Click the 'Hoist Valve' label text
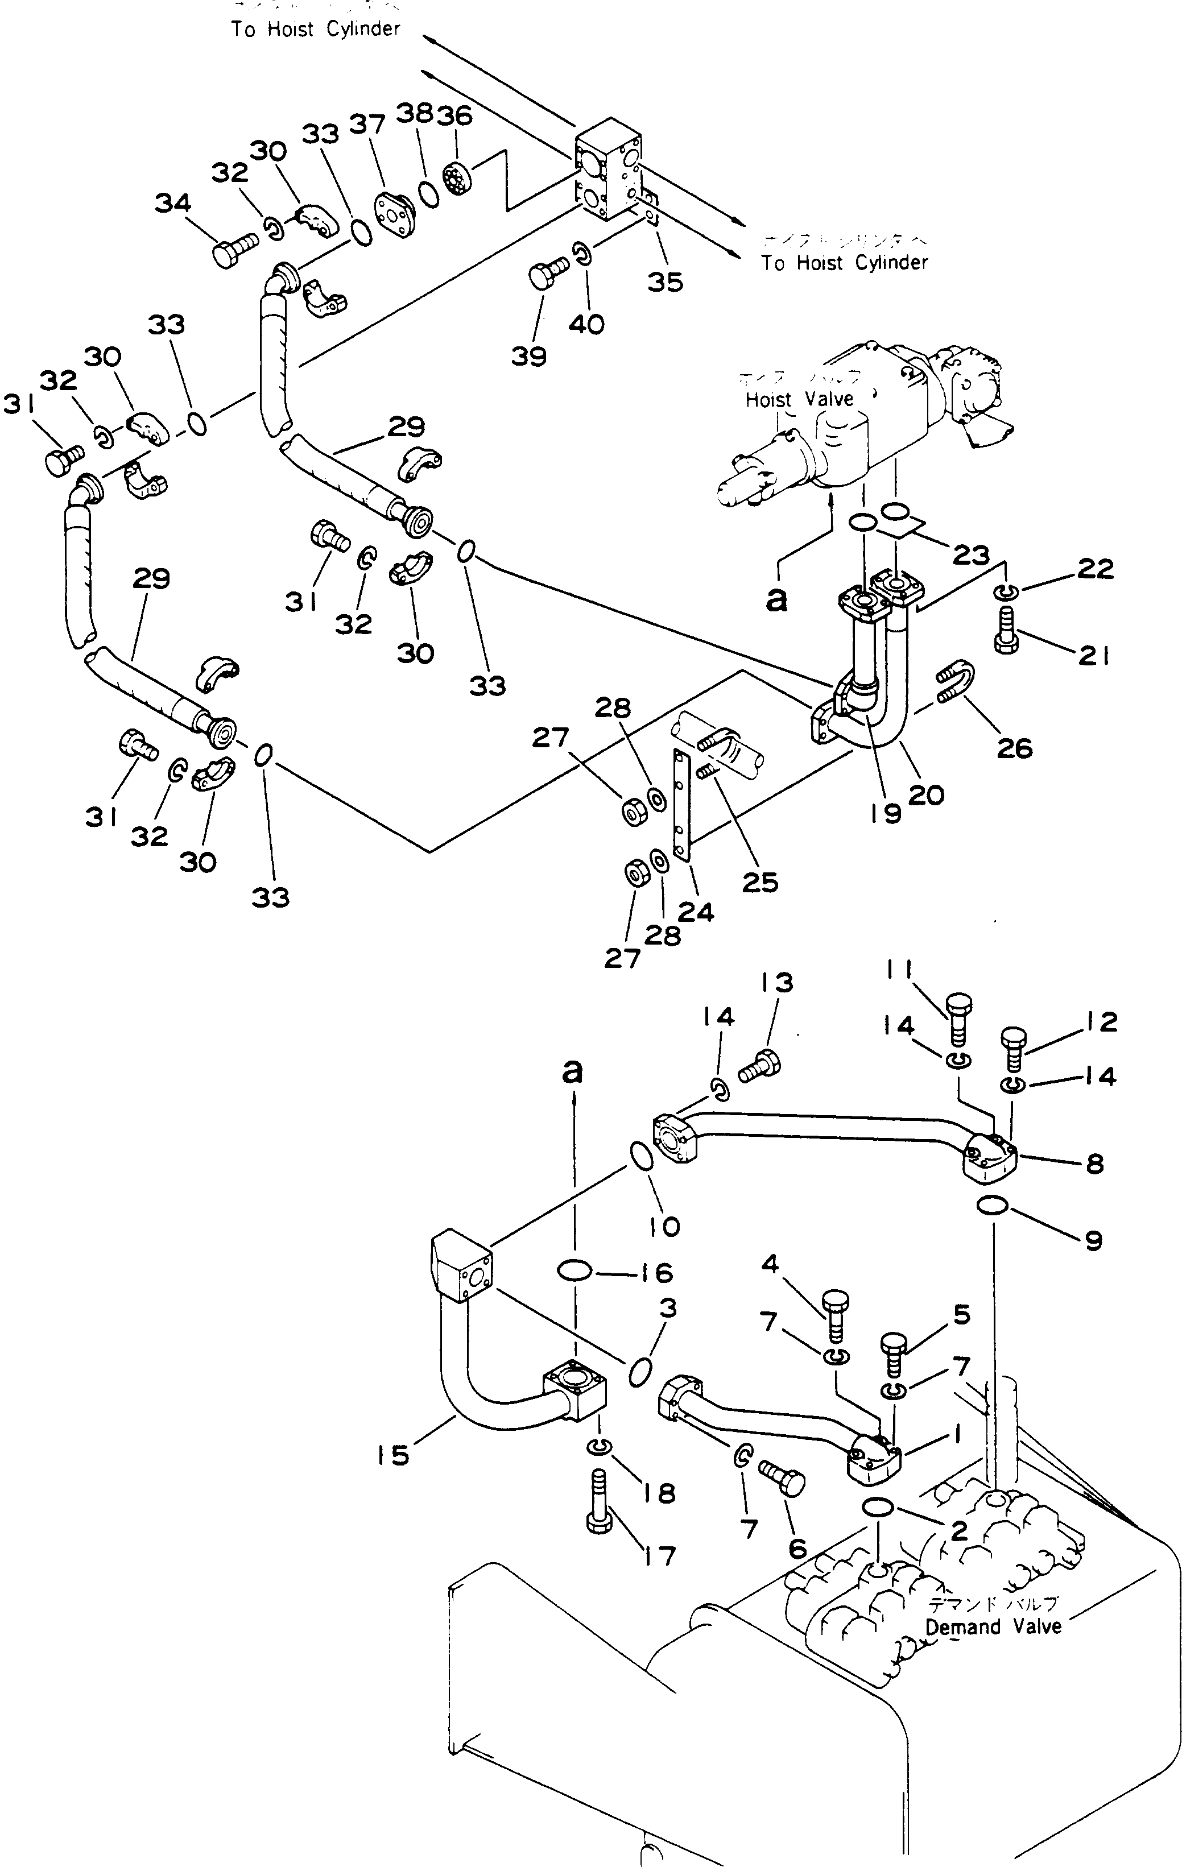tap(799, 399)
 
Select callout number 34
tap(172, 203)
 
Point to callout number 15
tap(392, 1455)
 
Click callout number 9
tap(1093, 1241)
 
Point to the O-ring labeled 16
tap(575, 1271)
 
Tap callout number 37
tap(367, 123)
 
